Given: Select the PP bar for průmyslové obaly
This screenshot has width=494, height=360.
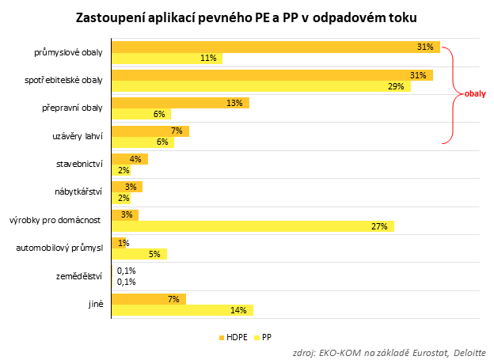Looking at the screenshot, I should pos(167,59).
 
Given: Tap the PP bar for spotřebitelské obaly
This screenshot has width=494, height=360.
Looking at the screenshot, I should pos(261,86).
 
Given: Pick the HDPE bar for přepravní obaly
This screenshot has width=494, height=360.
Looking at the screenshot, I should pos(180,103).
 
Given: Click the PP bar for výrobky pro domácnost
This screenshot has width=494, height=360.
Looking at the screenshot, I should pos(253,226).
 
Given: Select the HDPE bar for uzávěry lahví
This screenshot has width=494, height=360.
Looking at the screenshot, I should pos(150,131).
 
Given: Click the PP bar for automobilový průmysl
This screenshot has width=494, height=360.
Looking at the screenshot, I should pos(139,254).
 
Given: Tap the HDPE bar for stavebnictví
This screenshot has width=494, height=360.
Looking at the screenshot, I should pos(130,159).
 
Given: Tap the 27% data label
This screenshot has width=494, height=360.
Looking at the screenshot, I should pos(378,226).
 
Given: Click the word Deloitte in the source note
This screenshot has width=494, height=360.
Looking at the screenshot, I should pos(469,352).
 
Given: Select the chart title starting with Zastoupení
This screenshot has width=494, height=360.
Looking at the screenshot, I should pos(245,17).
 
